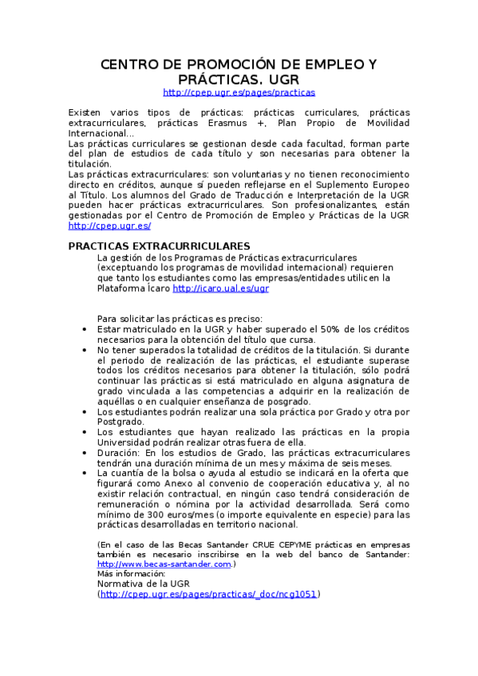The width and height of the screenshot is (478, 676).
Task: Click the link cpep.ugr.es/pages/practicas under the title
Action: tap(239, 92)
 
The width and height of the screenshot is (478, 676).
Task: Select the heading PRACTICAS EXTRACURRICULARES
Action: tap(160, 246)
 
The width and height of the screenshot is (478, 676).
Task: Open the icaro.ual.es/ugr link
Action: tap(220, 289)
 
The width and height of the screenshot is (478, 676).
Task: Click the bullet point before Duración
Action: tap(85, 453)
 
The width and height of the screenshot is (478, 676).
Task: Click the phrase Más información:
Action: tap(124, 573)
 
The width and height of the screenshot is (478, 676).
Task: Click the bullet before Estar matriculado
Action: tap(85, 328)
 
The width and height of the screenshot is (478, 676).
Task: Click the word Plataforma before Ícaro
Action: tap(120, 289)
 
